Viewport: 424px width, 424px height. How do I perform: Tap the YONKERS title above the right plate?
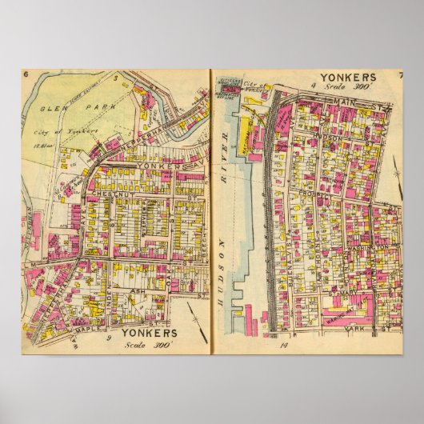coord(350,77)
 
